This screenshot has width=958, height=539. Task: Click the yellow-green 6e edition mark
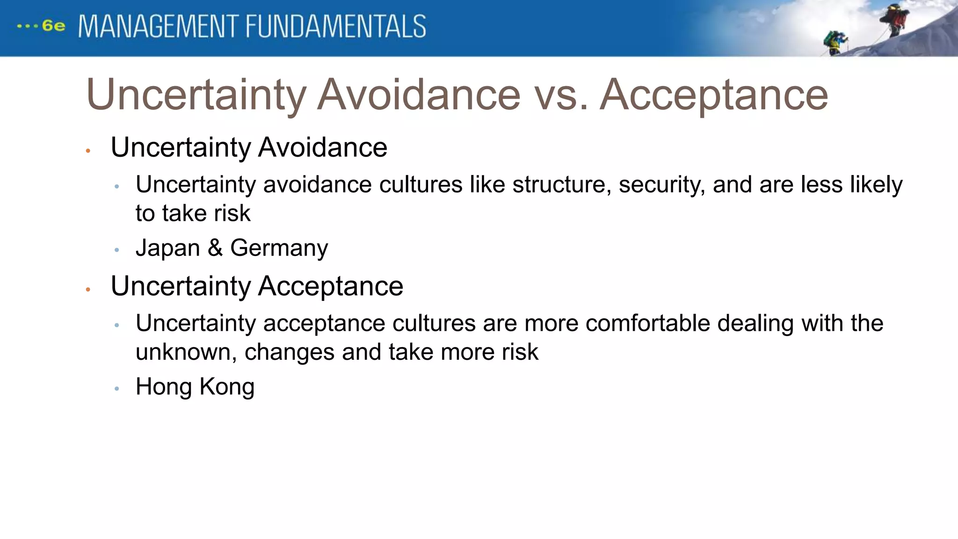53,26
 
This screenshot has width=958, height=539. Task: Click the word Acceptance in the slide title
714,95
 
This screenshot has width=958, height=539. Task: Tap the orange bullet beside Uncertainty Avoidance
88,151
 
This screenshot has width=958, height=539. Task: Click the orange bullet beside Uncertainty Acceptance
88,290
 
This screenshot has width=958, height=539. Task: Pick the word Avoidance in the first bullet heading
322,147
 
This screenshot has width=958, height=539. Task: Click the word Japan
167,248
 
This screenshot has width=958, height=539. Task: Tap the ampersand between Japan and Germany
215,248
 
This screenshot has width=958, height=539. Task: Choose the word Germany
279,248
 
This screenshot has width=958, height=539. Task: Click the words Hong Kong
195,386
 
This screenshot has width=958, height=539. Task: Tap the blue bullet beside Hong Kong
117,388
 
